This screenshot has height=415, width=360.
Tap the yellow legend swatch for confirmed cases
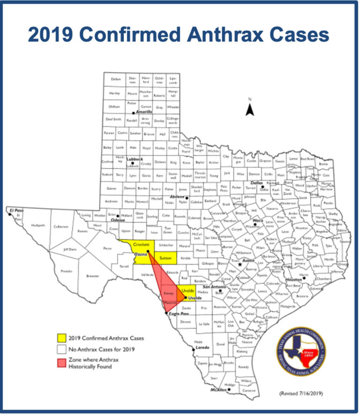pyautogui.click(x=60, y=337)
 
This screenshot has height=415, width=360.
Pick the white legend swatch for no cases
pyautogui.click(x=60, y=349)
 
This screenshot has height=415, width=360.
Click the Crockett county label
pyautogui.click(x=141, y=245)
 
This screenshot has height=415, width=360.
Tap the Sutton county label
pyautogui.click(x=165, y=258)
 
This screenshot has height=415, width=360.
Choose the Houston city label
pyautogui.click(x=293, y=279)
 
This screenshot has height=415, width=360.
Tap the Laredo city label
pyautogui.click(x=202, y=348)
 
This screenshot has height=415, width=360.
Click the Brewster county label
pyautogui.click(x=93, y=276)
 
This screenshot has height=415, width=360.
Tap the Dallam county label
pyautogui.click(x=116, y=79)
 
